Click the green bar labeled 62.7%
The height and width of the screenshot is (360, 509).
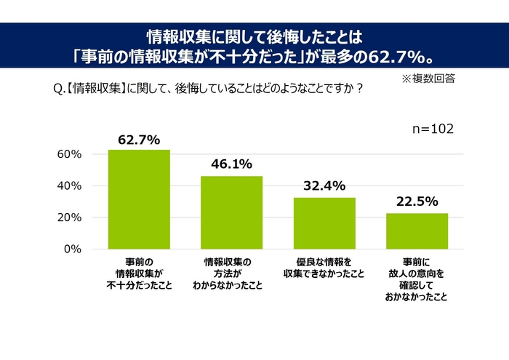139,199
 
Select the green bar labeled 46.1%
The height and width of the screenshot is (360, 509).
231,212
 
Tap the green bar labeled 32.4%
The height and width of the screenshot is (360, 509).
324,223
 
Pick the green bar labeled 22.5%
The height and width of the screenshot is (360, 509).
417,231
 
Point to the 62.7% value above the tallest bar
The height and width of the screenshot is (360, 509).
139,140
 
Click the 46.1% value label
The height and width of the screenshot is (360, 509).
231,165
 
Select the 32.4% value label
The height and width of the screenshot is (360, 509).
324,186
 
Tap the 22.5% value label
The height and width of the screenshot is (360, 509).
417,202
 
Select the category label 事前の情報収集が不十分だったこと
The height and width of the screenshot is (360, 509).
139,273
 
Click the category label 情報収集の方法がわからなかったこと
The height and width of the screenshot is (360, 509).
231,273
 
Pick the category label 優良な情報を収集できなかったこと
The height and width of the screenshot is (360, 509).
324,267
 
